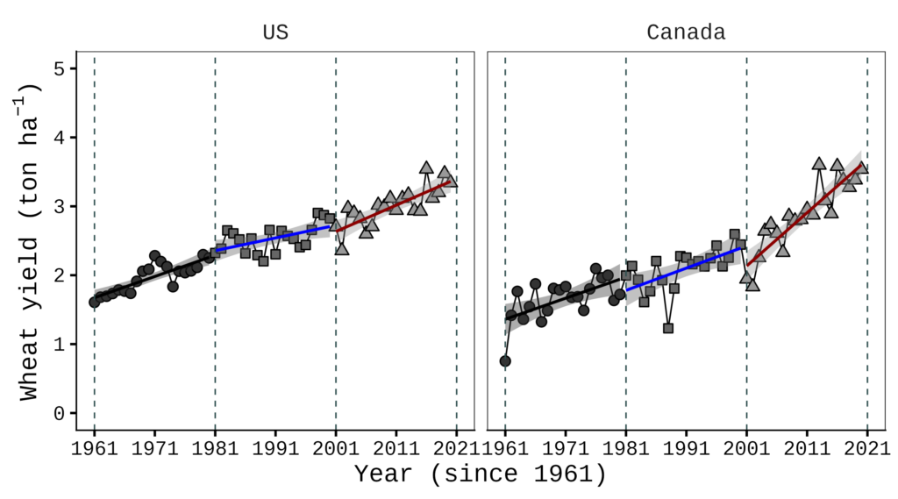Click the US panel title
click(275, 33)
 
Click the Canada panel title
click(686, 33)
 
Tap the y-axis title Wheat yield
click(32, 243)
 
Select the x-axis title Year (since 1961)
click(481, 474)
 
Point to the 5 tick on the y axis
click(59, 68)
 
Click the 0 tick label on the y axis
click(59, 413)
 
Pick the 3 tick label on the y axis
click(59, 206)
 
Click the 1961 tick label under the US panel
click(95, 447)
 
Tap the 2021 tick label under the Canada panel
click(867, 447)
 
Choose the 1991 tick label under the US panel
click(275, 447)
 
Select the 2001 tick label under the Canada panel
click(746, 447)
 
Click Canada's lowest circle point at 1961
click(505, 360)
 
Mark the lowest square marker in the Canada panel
click(668, 328)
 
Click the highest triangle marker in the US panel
click(426, 168)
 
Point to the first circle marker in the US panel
click(95, 303)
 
